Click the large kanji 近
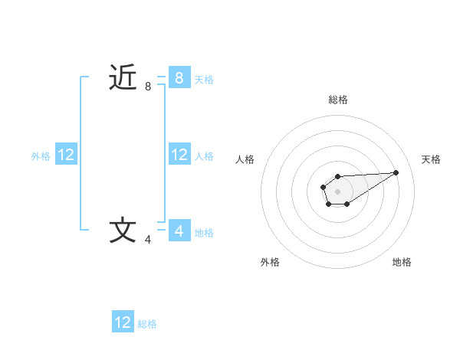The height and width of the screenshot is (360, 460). point(123,77)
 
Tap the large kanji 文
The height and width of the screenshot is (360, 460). point(123,230)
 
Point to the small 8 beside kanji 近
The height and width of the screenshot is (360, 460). point(148,87)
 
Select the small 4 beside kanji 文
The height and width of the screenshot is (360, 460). point(148,240)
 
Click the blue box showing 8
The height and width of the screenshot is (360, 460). point(179,77)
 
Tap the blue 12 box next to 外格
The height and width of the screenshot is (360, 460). point(66,155)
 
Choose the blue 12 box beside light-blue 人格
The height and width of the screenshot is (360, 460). point(179,155)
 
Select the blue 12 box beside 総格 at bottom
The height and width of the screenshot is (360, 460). point(123,322)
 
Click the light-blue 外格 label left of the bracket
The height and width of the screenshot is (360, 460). point(41,156)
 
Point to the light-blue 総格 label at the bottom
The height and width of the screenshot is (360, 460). point(147,324)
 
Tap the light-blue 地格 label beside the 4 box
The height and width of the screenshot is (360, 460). point(204,233)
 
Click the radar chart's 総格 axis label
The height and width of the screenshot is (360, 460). point(338,100)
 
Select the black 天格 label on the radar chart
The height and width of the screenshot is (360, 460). point(431,159)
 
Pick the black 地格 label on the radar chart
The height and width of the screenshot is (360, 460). point(402,263)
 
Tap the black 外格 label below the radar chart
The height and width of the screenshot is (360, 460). point(270,263)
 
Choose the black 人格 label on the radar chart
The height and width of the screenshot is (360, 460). point(245,159)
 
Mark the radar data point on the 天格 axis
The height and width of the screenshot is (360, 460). point(396,172)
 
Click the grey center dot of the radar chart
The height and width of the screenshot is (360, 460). point(337,191)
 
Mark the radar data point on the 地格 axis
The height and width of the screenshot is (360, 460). point(347,204)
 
